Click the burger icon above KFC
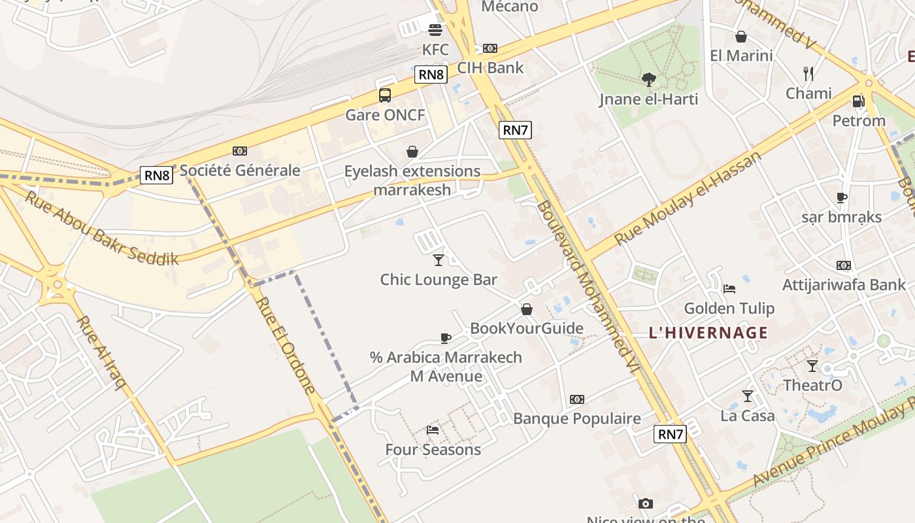(435, 29)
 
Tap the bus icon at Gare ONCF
(385, 95)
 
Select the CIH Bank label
(490, 67)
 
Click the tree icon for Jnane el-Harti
(649, 80)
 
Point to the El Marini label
(741, 56)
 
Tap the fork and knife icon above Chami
(808, 73)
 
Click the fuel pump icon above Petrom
(859, 101)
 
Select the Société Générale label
(240, 171)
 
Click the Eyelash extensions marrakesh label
(412, 180)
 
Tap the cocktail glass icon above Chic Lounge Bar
(439, 260)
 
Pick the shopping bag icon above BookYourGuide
(527, 309)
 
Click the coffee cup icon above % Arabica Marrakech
(446, 338)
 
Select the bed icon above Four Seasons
(433, 430)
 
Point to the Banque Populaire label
(577, 418)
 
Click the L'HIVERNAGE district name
(708, 333)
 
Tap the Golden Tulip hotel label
(729, 308)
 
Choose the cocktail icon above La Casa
(748, 396)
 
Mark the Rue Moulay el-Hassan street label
(688, 198)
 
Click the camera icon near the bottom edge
(646, 503)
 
